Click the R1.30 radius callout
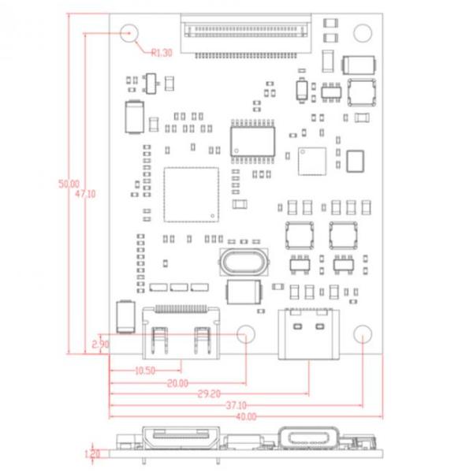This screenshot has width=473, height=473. (161, 53)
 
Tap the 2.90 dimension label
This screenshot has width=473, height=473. (100, 345)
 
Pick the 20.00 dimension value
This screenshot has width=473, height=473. (177, 383)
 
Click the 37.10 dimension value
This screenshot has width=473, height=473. (236, 405)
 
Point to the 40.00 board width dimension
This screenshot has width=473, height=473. (245, 417)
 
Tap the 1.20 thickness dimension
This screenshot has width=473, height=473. (93, 454)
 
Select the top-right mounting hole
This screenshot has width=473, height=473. (362, 32)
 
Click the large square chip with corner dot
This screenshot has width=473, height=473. (190, 194)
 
